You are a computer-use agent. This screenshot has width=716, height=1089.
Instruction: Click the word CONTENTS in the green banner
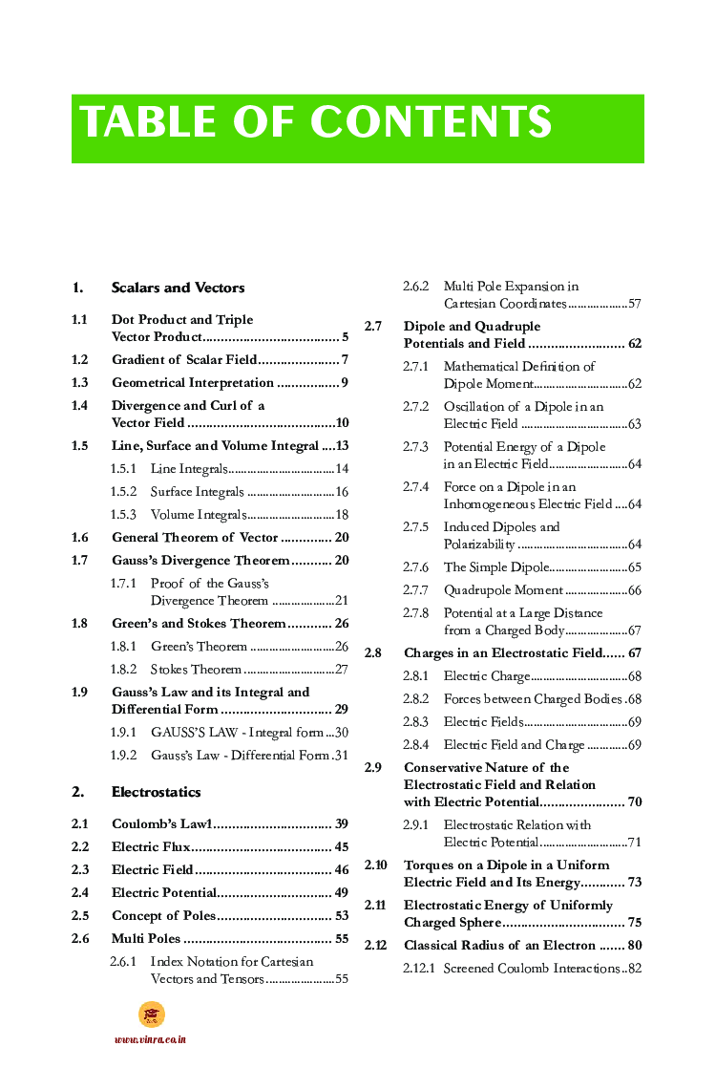[431, 122]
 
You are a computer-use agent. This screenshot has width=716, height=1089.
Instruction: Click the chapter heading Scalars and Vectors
[178, 288]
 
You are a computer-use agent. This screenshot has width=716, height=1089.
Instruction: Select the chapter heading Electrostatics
[156, 792]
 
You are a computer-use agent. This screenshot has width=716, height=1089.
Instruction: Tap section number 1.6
[80, 538]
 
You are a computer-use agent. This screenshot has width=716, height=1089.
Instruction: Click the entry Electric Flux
[151, 846]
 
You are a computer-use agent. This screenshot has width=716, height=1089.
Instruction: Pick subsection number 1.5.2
[123, 492]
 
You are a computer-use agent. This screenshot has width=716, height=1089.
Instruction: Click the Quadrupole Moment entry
[503, 590]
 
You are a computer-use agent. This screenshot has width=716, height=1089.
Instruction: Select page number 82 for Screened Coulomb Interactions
[633, 969]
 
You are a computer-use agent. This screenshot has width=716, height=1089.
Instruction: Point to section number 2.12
[376, 946]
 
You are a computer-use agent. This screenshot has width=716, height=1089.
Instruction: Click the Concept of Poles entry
[163, 915]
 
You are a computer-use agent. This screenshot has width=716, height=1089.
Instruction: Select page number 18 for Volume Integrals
[341, 515]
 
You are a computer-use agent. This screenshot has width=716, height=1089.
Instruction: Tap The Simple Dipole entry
[496, 567]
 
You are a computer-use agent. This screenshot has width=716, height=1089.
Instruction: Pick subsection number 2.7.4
[416, 487]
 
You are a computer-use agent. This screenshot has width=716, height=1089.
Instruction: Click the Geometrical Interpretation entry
[192, 383]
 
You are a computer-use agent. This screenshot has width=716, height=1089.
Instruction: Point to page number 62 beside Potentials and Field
[634, 344]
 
